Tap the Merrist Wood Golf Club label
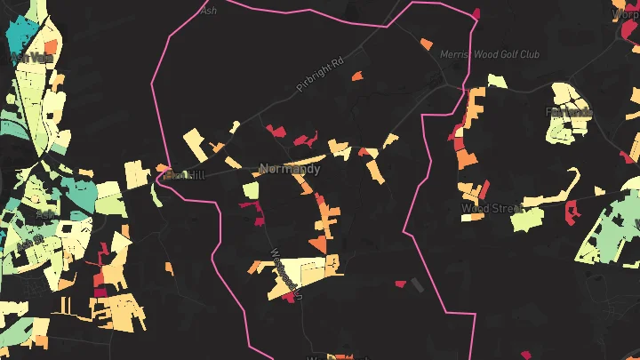point(490,54)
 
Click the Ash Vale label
point(31,59)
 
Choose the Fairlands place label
point(569,113)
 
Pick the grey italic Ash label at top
point(209,11)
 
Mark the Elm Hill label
point(184,175)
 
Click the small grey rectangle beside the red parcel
point(418,284)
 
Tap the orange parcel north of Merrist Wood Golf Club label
point(428,44)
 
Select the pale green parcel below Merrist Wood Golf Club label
point(497,81)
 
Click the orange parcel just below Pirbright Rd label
point(358,77)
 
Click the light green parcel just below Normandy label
point(252,190)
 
